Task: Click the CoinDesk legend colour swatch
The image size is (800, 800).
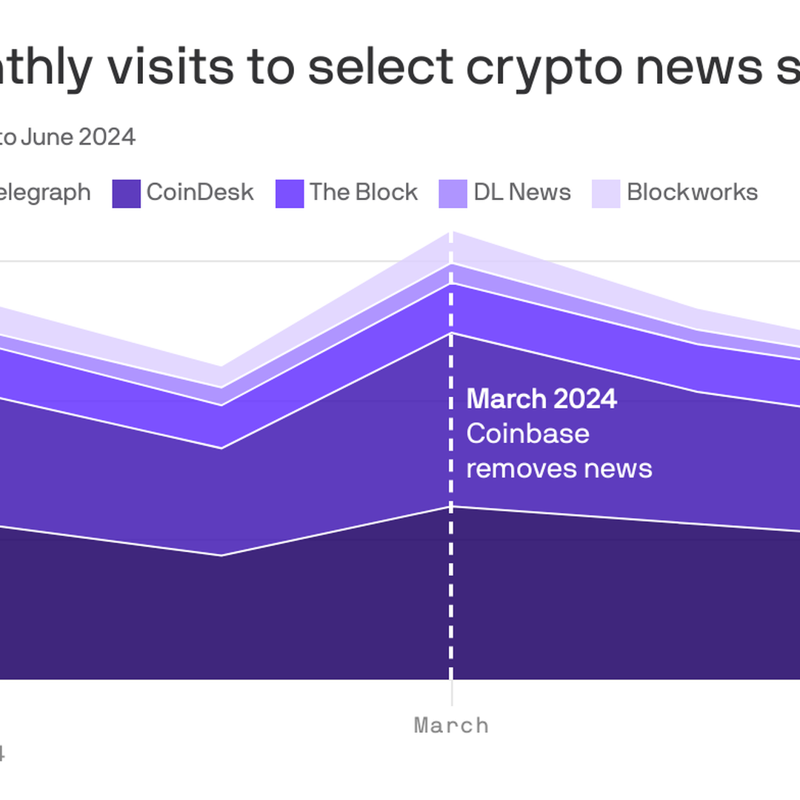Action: [x=126, y=193]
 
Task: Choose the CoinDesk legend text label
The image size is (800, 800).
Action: [x=200, y=193]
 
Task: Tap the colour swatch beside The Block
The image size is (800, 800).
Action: [x=289, y=193]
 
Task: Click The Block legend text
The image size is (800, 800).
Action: [x=363, y=193]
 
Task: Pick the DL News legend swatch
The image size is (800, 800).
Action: [x=453, y=193]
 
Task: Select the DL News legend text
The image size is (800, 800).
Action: [x=522, y=193]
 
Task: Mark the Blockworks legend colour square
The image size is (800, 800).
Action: [x=606, y=193]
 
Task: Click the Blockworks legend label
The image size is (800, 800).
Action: [x=692, y=193]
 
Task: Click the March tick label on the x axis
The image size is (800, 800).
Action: [x=451, y=725]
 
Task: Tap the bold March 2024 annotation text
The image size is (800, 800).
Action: [x=541, y=399]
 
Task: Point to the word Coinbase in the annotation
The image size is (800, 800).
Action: [x=527, y=433]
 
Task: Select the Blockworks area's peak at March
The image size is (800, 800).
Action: [x=451, y=233]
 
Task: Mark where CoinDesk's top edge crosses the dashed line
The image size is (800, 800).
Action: [x=451, y=333]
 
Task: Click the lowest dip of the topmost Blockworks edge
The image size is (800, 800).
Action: [x=221, y=367]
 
